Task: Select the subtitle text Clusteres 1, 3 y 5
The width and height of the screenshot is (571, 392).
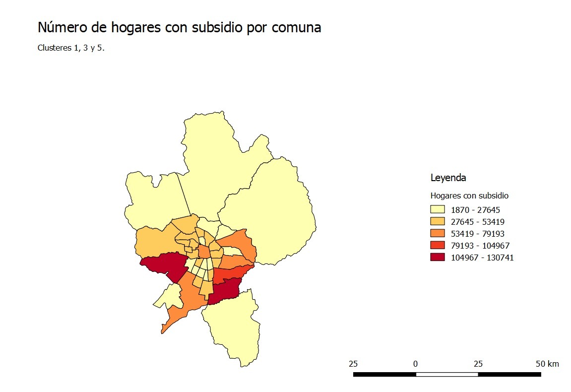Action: pos(71,49)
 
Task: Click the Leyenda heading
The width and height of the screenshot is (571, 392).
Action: pos(448,178)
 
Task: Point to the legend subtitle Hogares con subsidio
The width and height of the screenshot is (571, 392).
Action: pos(469,196)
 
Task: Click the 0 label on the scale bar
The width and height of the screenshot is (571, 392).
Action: pos(415,364)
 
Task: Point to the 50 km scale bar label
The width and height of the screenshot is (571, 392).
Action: pos(547,364)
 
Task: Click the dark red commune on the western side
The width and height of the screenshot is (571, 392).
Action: pos(164,265)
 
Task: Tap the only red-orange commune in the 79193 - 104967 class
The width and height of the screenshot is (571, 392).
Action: pos(231,273)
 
